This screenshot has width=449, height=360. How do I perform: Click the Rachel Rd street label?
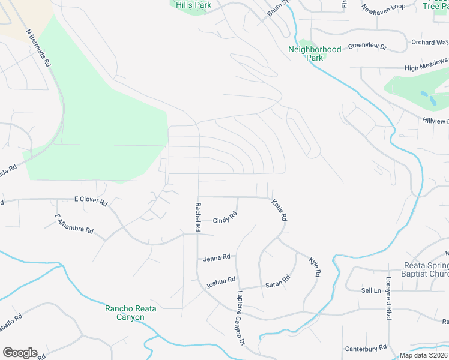(197, 217)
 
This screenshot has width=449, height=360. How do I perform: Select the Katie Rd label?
(279, 211)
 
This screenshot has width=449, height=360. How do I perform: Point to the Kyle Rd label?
(315, 267)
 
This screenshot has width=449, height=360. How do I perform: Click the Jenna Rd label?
(217, 257)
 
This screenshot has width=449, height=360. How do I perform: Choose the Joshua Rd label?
(221, 281)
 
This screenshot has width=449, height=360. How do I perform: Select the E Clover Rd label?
(91, 200)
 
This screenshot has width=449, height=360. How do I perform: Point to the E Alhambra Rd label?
(74, 224)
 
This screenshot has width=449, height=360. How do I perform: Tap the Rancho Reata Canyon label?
(131, 313)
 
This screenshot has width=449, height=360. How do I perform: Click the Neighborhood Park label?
(315, 53)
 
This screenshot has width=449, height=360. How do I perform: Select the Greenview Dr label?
(367, 46)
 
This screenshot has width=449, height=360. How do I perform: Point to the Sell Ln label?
(371, 290)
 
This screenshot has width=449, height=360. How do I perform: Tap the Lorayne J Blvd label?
(388, 298)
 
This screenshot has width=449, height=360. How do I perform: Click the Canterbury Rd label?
(366, 348)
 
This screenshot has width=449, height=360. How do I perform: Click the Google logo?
(20, 352)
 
